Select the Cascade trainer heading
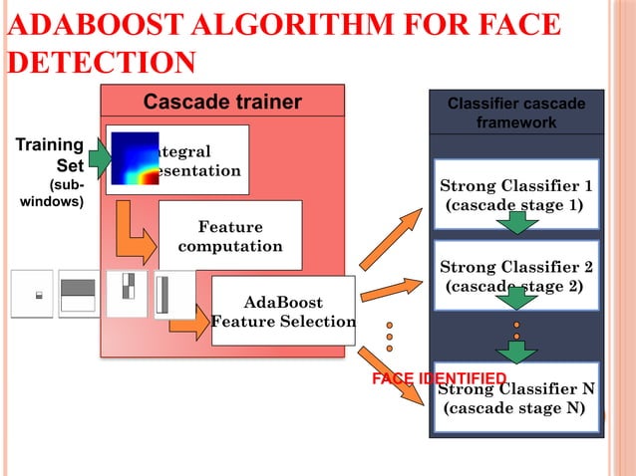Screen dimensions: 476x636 (222, 102)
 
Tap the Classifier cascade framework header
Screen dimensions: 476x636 (515, 113)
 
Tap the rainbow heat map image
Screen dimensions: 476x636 (135, 159)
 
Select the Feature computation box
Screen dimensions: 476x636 (230, 236)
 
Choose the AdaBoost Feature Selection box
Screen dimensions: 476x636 (283, 311)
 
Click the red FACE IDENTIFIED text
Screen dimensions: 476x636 (439, 378)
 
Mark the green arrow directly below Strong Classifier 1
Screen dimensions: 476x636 (516, 224)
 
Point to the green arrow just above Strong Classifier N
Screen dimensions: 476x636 (516, 351)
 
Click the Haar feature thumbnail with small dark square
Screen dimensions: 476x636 (32, 295)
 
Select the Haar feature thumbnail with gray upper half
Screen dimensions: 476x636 (79, 295)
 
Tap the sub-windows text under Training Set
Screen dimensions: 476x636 (55, 193)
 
